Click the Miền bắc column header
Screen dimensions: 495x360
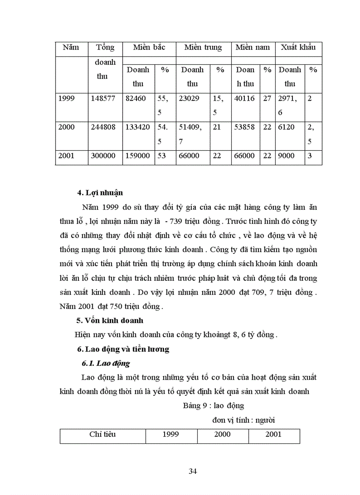[149, 48]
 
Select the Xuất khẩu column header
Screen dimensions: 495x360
[298, 48]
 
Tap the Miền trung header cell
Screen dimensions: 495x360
[203, 48]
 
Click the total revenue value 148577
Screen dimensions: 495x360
[103, 99]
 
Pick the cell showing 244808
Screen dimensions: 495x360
[103, 127]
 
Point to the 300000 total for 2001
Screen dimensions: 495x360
[103, 156]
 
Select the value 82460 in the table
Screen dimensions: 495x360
[136, 99]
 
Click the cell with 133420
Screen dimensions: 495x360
[138, 127]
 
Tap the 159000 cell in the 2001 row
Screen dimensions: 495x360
[138, 156]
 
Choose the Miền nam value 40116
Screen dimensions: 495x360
[245, 99]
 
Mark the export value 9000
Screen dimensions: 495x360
[287, 156]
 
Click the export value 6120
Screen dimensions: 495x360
[287, 127]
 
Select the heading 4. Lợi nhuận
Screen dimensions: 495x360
[100, 193]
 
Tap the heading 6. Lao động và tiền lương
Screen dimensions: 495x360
[123, 350]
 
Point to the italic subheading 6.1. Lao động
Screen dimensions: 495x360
[106, 364]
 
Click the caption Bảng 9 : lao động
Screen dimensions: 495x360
[214, 406]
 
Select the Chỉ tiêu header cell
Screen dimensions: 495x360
[102, 434]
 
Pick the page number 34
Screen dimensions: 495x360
[192, 471]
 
